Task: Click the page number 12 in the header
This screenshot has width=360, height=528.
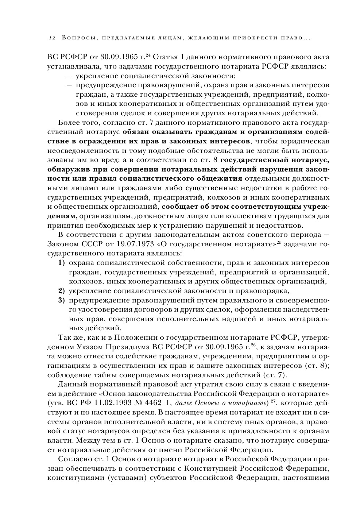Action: tap(51, 38)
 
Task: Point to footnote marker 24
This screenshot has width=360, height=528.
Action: tap(148, 55)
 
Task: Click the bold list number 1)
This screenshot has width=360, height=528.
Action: tap(62, 263)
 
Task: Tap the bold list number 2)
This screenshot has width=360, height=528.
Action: tap(62, 291)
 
